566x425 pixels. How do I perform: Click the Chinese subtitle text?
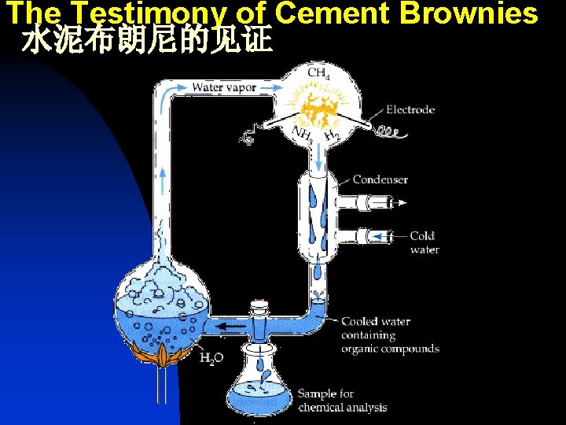(147, 41)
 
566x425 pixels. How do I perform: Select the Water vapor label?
(224, 87)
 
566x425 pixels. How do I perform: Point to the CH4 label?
(318, 73)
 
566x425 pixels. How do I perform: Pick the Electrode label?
(410, 109)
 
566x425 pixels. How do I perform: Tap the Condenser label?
(380, 179)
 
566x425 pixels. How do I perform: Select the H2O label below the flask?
(211, 358)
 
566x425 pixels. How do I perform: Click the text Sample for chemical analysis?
(342, 400)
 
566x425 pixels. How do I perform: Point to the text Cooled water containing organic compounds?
(390, 334)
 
